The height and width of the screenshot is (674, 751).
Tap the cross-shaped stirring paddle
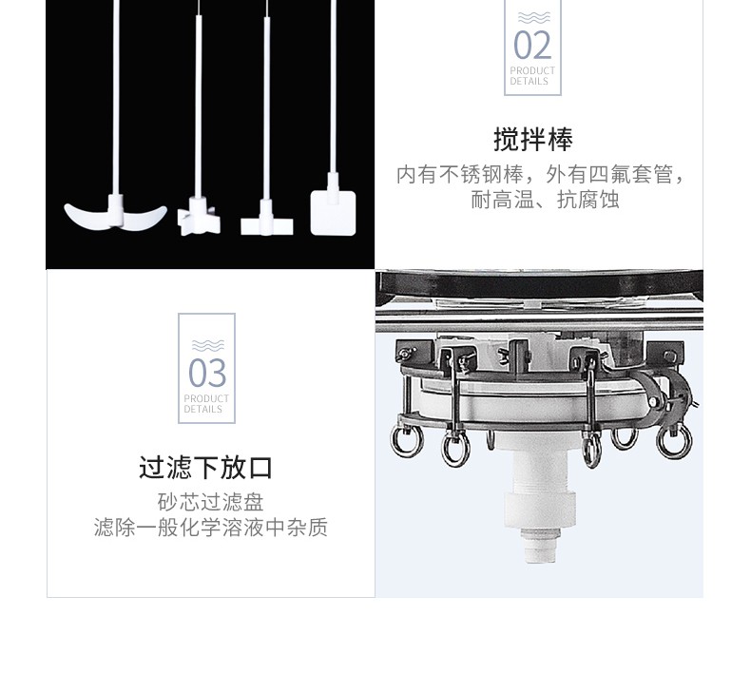(199, 218)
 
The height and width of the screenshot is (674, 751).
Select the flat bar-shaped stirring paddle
(266, 223)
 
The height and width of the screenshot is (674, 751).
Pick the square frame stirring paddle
(334, 212)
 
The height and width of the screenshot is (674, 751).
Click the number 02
(532, 46)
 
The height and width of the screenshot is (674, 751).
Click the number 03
(207, 373)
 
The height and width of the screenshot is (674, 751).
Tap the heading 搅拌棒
(533, 140)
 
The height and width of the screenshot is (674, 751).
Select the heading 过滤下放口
(206, 468)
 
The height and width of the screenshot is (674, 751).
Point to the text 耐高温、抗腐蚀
(545, 200)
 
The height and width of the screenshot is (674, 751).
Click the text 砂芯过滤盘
(211, 502)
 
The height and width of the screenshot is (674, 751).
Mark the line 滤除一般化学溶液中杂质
(211, 528)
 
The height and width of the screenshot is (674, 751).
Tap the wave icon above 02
(534, 18)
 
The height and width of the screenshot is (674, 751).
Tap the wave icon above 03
(208, 345)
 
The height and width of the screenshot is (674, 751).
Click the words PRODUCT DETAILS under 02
(532, 76)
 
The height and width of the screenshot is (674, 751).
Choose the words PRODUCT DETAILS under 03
(206, 404)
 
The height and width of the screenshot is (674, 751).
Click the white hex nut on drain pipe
(539, 509)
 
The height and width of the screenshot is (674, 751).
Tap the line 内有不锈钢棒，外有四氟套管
(540, 174)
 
